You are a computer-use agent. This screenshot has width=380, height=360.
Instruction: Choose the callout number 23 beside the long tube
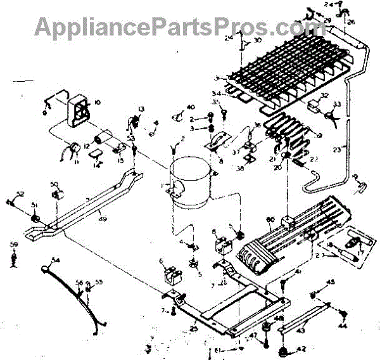coord(353,150)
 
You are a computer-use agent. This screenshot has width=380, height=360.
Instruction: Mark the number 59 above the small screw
coord(13,244)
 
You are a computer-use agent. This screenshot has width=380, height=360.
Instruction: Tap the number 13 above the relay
coord(142,109)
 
